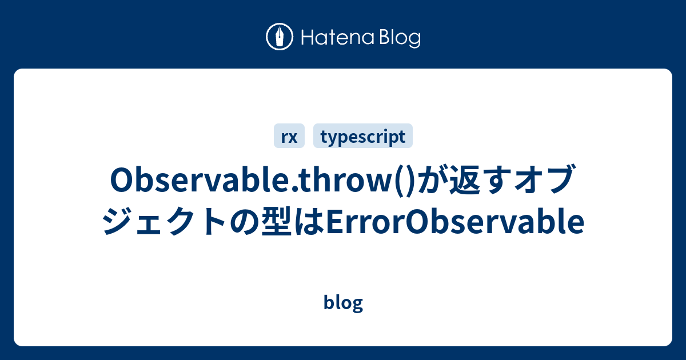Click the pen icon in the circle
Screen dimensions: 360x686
(x=280, y=38)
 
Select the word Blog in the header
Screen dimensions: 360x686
(x=398, y=38)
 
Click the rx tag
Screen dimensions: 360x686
(x=289, y=137)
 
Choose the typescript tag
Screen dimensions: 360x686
(x=363, y=137)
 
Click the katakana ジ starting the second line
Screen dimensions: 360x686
(x=118, y=223)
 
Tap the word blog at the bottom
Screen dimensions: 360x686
(x=343, y=303)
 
